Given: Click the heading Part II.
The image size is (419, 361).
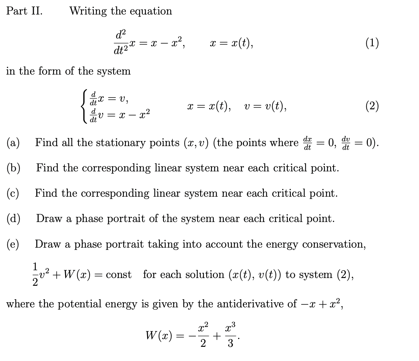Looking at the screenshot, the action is (24, 11).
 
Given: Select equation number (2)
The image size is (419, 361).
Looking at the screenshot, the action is (372, 106).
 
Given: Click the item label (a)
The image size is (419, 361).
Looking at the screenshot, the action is (13, 143).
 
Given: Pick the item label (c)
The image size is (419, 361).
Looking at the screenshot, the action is (13, 193).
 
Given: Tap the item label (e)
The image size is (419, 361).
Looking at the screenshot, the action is (13, 244).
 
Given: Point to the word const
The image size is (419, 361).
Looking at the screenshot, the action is (119, 275).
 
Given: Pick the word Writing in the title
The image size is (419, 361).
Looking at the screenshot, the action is (88, 11).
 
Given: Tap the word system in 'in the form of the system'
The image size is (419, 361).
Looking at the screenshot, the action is (114, 71).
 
